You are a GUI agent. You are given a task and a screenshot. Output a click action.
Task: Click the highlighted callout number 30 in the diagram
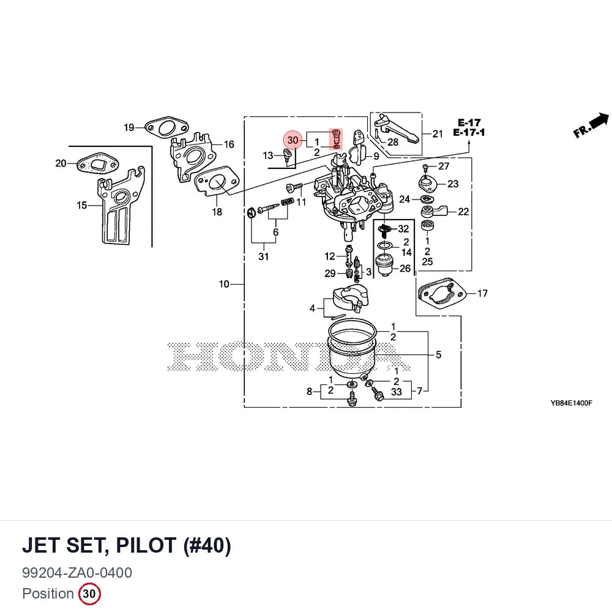[293, 140]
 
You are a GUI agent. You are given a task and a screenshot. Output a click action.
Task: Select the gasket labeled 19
[166, 127]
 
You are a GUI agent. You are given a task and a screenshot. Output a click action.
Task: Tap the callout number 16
[229, 144]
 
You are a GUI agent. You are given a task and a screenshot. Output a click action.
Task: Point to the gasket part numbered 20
[97, 164]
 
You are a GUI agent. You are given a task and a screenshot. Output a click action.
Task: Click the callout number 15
[81, 205]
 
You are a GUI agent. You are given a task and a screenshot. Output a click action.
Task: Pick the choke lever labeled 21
[396, 128]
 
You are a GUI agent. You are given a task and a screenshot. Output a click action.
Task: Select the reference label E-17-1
[469, 132]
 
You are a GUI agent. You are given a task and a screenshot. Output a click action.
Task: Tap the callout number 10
[224, 284]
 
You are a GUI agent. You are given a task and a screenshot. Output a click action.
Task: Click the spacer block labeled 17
[442, 293]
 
